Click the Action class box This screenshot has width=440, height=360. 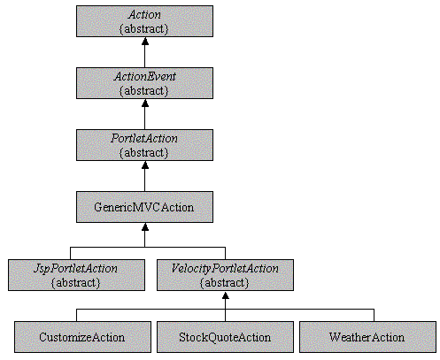click(x=144, y=21)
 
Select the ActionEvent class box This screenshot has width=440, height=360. click(x=144, y=83)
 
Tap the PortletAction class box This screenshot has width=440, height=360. click(x=144, y=145)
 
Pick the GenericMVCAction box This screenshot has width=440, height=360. click(x=144, y=207)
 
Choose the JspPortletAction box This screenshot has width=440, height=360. click(x=76, y=275)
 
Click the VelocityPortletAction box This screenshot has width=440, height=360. click(x=225, y=275)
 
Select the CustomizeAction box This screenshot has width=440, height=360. click(x=82, y=337)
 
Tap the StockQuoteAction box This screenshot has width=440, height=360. click(x=225, y=337)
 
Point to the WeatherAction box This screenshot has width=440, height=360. click(x=367, y=337)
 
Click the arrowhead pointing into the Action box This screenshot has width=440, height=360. click(x=145, y=41)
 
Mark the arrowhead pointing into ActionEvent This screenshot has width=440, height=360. click(x=145, y=103)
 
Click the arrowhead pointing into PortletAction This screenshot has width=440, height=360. click(x=145, y=165)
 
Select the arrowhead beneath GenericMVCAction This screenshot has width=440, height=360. click(x=145, y=226)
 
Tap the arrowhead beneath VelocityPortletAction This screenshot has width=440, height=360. click(x=226, y=295)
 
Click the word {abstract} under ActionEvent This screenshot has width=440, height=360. click(x=143, y=91)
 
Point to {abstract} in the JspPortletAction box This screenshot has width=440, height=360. click(x=76, y=283)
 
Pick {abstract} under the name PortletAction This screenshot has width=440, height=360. click(x=143, y=153)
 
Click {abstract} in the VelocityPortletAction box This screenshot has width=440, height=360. click(x=225, y=283)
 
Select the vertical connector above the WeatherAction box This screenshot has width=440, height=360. click(x=374, y=315)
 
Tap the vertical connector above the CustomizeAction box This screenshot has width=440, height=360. click(x=76, y=315)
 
